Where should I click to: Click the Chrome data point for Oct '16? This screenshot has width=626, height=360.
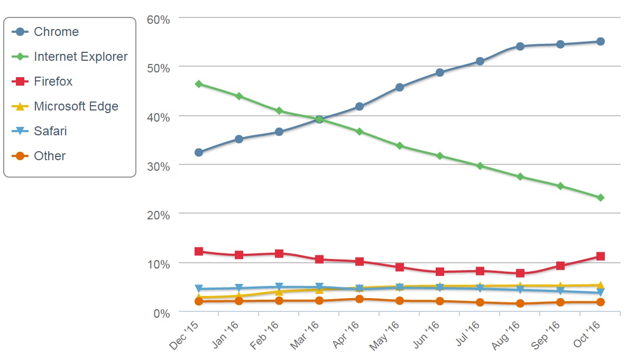pos(601,42)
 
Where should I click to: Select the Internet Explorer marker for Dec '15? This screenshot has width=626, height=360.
pos(199,84)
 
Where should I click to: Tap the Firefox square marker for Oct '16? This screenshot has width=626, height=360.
pos(601,256)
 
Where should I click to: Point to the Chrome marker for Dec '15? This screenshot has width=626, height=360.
pos(199,152)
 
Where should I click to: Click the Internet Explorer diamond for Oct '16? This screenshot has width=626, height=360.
pos(601,198)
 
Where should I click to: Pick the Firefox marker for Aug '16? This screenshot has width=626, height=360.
pos(520,273)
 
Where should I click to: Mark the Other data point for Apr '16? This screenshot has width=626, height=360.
pos(360,299)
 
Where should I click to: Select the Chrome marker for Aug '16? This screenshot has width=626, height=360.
pos(520,47)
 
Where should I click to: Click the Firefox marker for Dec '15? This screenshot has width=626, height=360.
pos(199,252)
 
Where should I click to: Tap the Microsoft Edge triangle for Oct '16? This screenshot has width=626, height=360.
pos(601,285)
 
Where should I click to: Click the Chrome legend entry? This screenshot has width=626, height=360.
pos(56,32)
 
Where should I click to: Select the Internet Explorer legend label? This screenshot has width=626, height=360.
pos(80,57)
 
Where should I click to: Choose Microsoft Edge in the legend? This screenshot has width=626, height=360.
pos(76,106)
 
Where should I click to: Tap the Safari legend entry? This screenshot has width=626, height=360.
pos(50,131)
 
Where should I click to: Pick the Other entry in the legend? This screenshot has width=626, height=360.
pos(49,156)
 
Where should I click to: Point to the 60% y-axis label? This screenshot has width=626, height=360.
pos(158,20)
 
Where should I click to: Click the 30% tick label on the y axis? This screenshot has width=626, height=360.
pos(158,166)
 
